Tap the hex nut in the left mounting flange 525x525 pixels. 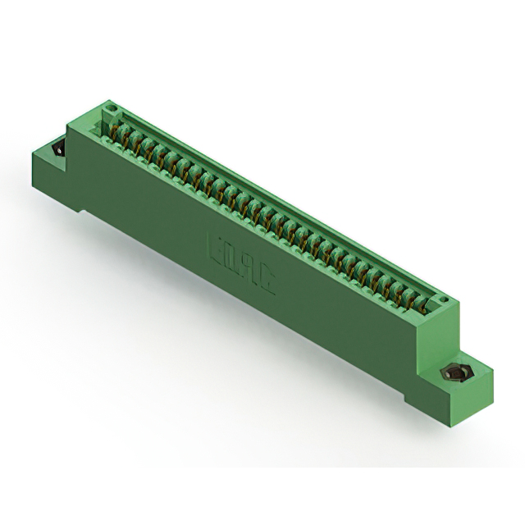point(58,151)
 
